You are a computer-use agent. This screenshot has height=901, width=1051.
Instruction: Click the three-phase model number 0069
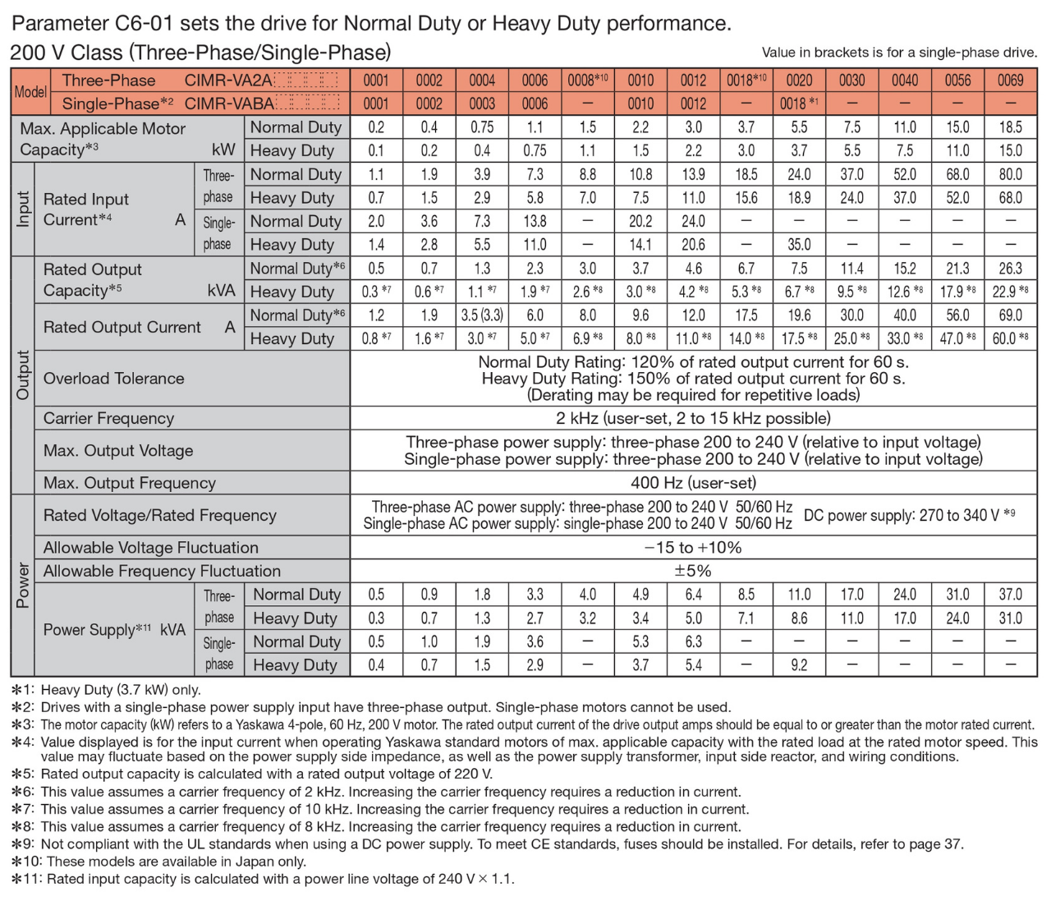coord(1010,80)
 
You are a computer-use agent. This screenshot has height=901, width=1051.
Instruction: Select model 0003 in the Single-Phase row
coord(482,104)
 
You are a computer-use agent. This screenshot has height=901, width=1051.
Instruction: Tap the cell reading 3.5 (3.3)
coord(482,315)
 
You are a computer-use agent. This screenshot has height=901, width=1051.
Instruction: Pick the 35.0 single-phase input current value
coord(799,245)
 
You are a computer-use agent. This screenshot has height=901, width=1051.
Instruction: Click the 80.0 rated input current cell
coord(1010,175)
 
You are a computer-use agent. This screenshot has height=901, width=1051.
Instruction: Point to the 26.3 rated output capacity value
coord(1010,269)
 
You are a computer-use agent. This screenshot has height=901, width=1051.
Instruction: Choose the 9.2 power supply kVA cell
coord(799,665)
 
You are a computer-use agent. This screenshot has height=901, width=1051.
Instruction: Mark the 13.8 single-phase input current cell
coord(535,222)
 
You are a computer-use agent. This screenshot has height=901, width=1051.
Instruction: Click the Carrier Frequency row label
coord(108,419)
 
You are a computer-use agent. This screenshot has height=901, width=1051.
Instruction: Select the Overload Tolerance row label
coord(113,379)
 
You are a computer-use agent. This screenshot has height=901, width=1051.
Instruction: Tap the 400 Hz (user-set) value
coord(693,483)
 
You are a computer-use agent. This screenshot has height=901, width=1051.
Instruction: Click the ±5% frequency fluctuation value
coord(693,571)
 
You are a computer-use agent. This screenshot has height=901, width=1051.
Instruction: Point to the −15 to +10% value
coord(693,548)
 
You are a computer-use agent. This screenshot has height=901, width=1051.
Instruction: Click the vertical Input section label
coord(23,209)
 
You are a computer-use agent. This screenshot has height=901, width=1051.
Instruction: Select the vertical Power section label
coord(23,586)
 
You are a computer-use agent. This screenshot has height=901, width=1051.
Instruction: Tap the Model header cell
coord(30,92)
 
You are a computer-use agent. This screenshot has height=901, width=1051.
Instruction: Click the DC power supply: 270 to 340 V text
coord(909,516)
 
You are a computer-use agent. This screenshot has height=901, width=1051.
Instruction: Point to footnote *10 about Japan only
coord(159,862)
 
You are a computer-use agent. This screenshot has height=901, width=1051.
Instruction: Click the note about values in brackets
coord(899,53)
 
